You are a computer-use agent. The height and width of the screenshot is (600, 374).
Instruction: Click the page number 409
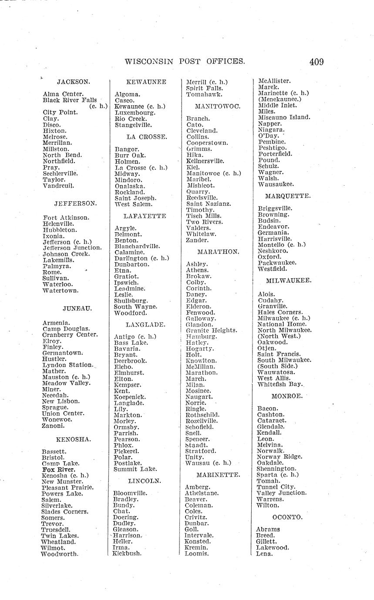(x=317, y=62)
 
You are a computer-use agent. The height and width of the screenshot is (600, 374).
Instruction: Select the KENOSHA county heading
(x=74, y=439)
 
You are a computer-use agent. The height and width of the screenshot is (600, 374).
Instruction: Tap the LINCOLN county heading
(x=145, y=481)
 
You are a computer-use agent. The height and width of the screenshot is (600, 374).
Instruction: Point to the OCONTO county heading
(x=287, y=517)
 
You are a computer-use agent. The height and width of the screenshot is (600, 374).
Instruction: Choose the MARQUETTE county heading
(x=288, y=196)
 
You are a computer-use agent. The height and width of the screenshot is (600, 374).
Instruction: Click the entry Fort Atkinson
(x=66, y=217)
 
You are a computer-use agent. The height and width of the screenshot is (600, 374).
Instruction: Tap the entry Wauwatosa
(x=276, y=372)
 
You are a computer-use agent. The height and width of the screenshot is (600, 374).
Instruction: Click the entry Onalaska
(x=130, y=186)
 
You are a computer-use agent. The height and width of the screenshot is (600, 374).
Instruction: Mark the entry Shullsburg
(x=131, y=300)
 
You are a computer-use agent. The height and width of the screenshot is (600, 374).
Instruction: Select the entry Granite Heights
(x=212, y=330)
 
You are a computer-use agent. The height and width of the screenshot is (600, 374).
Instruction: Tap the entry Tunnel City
(x=276, y=487)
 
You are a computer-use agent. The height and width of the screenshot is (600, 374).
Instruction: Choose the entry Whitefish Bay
(x=280, y=384)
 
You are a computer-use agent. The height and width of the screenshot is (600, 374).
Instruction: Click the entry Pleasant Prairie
(x=68, y=487)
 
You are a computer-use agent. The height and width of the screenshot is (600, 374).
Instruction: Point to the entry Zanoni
(x=54, y=426)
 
